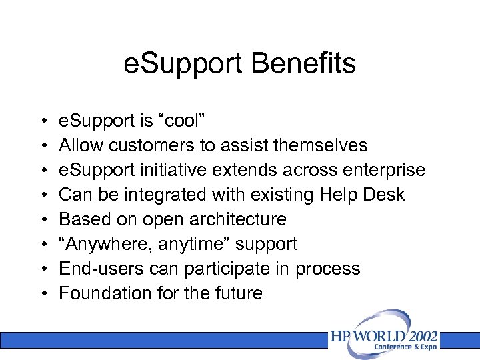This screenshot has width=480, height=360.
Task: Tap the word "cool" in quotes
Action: click(x=183, y=121)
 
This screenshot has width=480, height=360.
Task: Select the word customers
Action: click(x=150, y=145)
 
